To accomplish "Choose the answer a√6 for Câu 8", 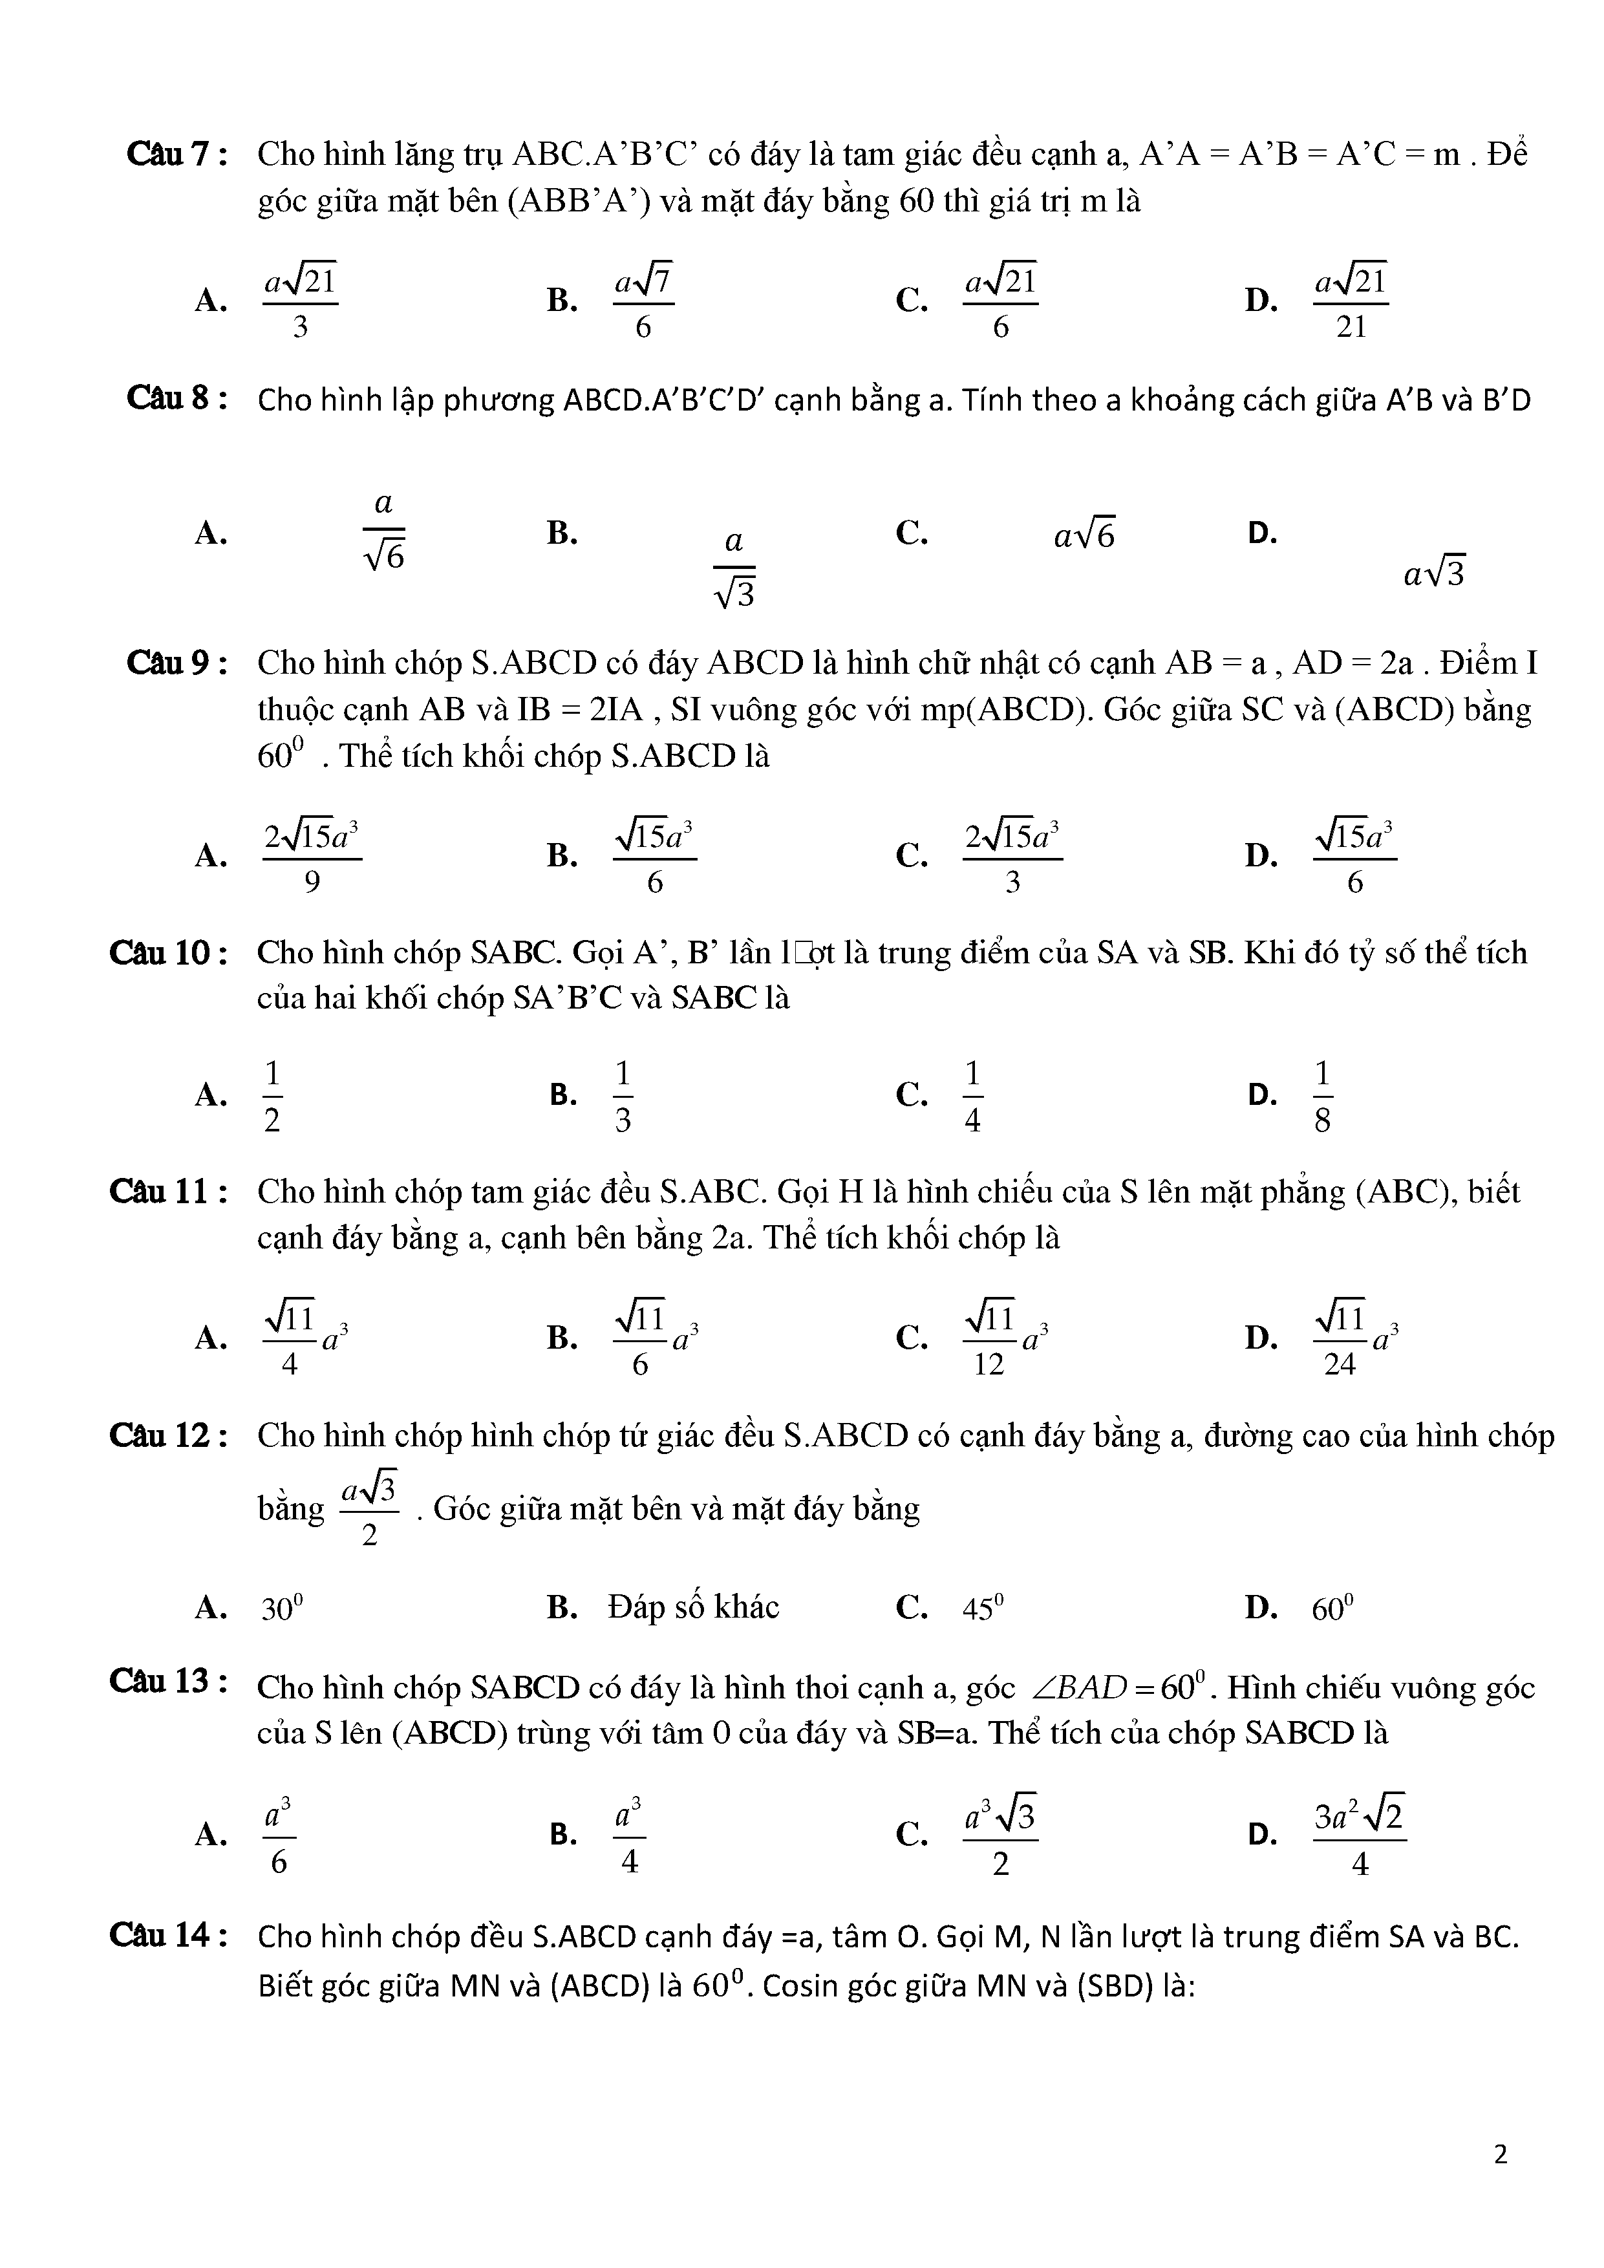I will point(1084,535).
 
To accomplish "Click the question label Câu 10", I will point(169,952).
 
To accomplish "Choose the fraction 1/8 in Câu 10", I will point(1323,1095).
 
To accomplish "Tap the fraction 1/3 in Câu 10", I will point(622,1095).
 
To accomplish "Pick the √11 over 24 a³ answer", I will point(1354,1338).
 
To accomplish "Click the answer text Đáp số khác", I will point(693,1607).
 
